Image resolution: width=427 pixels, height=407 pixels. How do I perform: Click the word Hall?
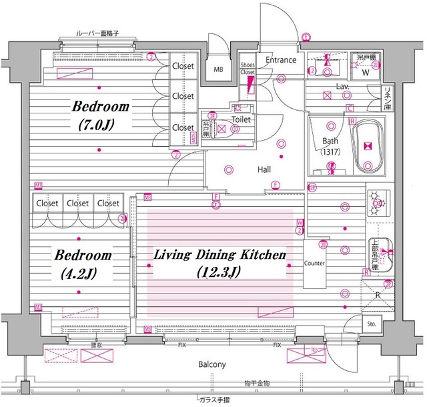[x=264, y=169]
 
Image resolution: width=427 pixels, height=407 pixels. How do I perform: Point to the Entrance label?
[x=281, y=60]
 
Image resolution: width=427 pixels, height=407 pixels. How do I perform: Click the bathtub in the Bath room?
[x=367, y=147]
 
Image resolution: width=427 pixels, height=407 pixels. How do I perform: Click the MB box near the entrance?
[x=218, y=68]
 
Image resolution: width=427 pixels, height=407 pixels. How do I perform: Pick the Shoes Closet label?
[x=248, y=68]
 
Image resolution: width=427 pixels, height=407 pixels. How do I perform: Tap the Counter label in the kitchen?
[x=314, y=264]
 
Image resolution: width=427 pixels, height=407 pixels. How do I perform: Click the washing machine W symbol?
[x=365, y=73]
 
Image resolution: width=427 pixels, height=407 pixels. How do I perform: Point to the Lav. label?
[x=344, y=87]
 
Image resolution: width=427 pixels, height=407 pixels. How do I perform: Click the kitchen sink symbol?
[x=378, y=253]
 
